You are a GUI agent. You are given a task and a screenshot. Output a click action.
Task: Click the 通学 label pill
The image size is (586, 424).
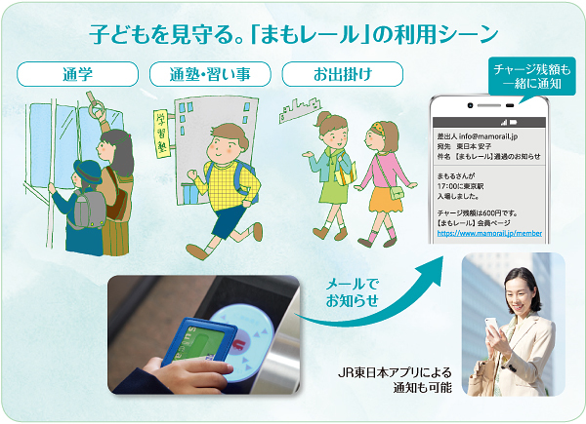click(77, 74)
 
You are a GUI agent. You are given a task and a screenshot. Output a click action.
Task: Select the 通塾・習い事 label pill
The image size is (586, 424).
click(210, 74)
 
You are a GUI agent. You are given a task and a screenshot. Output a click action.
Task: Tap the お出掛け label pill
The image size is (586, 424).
click(343, 74)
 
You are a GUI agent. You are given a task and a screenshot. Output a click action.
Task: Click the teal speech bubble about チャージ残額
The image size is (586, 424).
click(532, 76)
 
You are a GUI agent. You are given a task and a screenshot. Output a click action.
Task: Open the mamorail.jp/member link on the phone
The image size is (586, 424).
click(489, 233)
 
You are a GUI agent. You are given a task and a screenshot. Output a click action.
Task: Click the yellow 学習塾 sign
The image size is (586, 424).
click(161, 134)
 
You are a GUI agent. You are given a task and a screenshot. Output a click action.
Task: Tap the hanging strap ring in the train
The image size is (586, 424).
click(97, 108)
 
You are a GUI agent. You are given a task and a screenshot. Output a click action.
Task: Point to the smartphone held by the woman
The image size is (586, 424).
click(491, 327)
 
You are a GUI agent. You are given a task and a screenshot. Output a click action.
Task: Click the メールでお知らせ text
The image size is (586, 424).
click(352, 292)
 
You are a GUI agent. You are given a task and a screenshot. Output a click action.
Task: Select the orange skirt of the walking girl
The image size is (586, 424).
click(385, 200)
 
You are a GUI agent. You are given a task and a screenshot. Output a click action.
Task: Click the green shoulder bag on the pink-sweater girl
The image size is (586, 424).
click(397, 192)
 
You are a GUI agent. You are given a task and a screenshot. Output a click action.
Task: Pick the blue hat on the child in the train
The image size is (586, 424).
click(88, 172)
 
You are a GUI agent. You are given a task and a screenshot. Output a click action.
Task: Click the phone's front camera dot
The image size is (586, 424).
click(470, 105)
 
